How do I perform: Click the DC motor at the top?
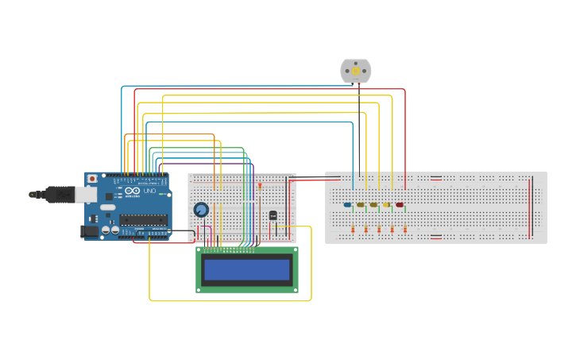click(355, 71)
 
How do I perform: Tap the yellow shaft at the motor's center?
click(355, 71)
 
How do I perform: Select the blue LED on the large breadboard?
click(347, 204)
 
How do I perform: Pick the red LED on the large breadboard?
click(400, 204)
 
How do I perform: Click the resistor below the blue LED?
click(353, 229)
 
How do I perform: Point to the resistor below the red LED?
click(405, 229)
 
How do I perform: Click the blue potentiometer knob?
click(201, 210)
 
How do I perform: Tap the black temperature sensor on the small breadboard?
click(273, 215)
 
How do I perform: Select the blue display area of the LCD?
click(247, 270)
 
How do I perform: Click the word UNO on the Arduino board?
click(149, 192)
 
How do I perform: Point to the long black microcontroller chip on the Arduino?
click(144, 219)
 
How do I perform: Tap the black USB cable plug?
click(60, 194)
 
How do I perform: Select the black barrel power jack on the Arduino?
click(90, 231)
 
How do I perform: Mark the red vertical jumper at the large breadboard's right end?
click(531, 207)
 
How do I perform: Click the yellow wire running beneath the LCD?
click(230, 300)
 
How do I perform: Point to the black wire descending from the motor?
click(359, 127)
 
